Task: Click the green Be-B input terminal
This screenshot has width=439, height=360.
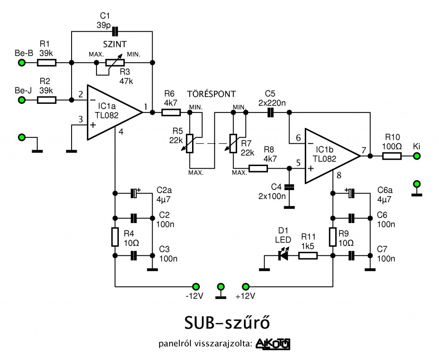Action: coord(21,63)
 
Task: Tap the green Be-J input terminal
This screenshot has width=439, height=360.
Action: coord(21,100)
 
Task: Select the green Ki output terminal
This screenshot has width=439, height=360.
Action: coord(417,156)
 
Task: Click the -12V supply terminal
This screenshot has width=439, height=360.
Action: coord(196,287)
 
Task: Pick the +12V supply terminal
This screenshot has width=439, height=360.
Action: coord(246,287)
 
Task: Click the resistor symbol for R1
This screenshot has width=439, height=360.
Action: coord(47,63)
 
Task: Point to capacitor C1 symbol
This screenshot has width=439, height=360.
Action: coord(115,31)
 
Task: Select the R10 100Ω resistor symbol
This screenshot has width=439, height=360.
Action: coord(392,156)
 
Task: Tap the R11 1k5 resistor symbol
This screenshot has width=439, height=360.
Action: coord(308,255)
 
